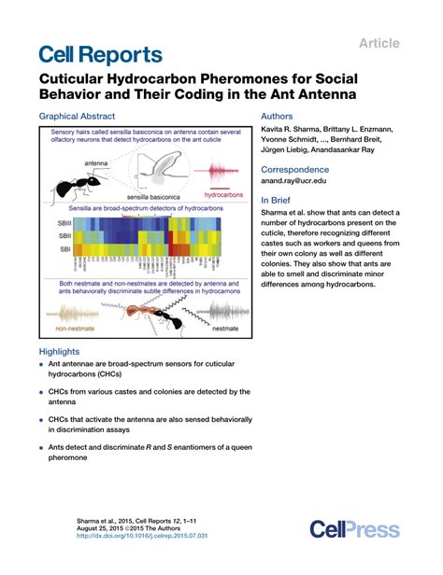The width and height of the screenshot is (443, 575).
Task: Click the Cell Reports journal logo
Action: click(x=100, y=55)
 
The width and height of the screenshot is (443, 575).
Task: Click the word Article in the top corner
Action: click(x=378, y=43)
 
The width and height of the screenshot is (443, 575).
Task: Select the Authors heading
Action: click(x=280, y=117)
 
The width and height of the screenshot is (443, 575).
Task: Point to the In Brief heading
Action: click(x=279, y=200)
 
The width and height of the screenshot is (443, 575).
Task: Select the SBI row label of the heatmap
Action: click(x=63, y=251)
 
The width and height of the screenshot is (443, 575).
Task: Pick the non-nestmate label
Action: click(x=77, y=329)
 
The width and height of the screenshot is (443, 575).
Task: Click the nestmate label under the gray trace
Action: click(x=225, y=329)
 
